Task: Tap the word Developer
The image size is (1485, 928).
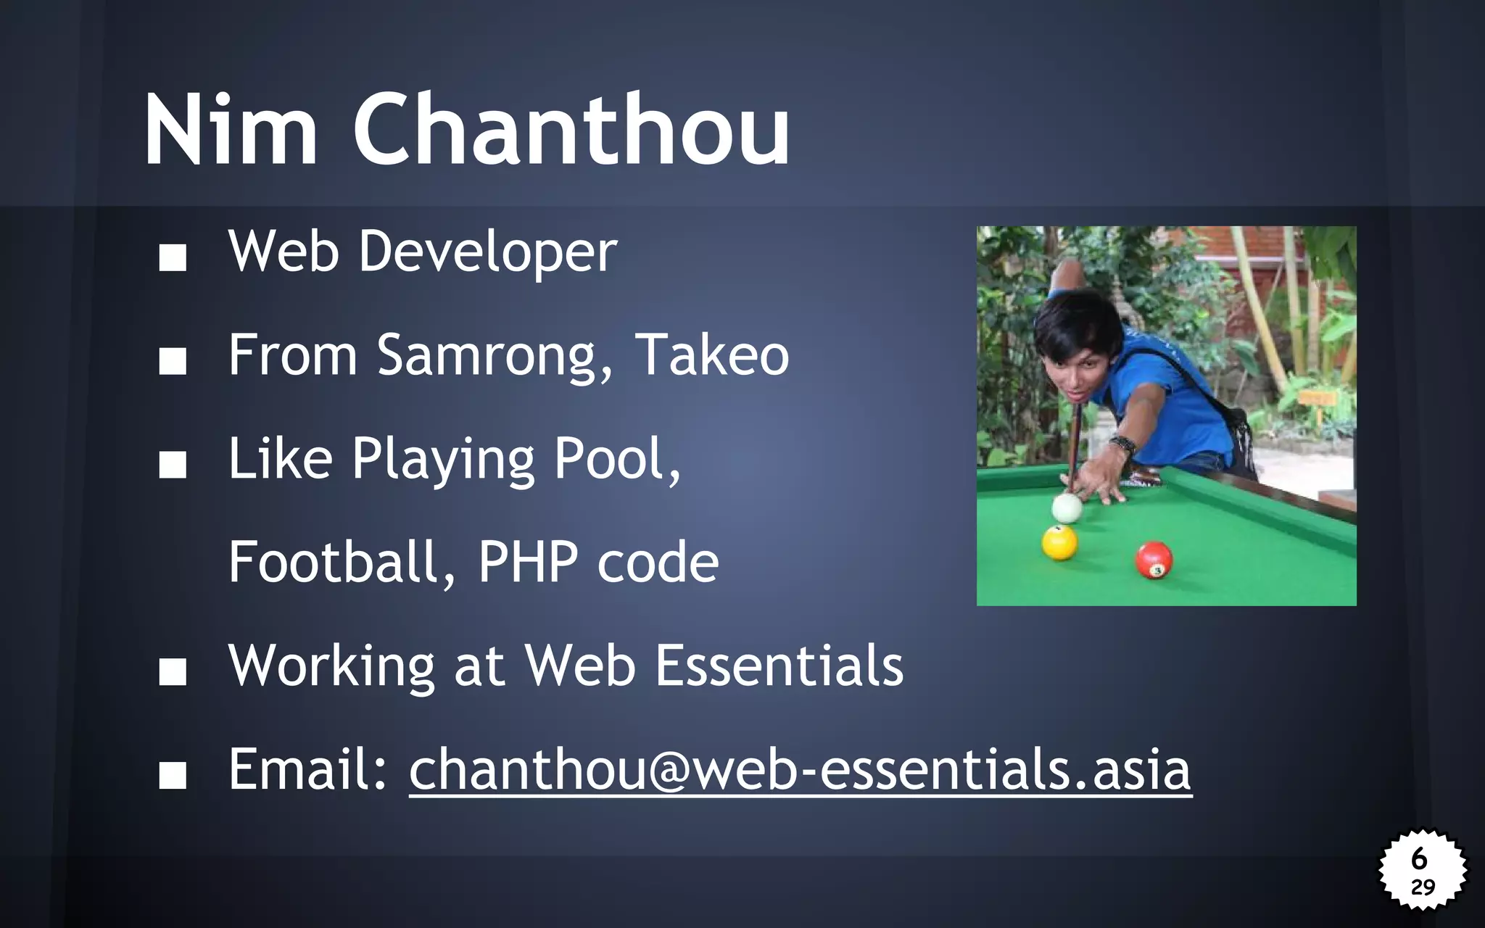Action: point(487,252)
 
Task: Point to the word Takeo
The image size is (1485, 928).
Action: point(712,355)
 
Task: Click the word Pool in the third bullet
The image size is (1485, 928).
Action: point(615,460)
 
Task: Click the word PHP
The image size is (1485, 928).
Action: point(527,562)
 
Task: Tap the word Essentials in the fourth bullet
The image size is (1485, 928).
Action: point(779,666)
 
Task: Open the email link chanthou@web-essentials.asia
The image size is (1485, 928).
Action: point(800,770)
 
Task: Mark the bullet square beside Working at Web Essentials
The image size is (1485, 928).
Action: point(173,672)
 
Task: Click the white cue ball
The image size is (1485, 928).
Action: point(1067,508)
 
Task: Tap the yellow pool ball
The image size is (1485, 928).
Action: point(1059,542)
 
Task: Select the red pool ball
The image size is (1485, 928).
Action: point(1154,560)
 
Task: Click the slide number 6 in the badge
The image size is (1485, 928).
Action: point(1419,858)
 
